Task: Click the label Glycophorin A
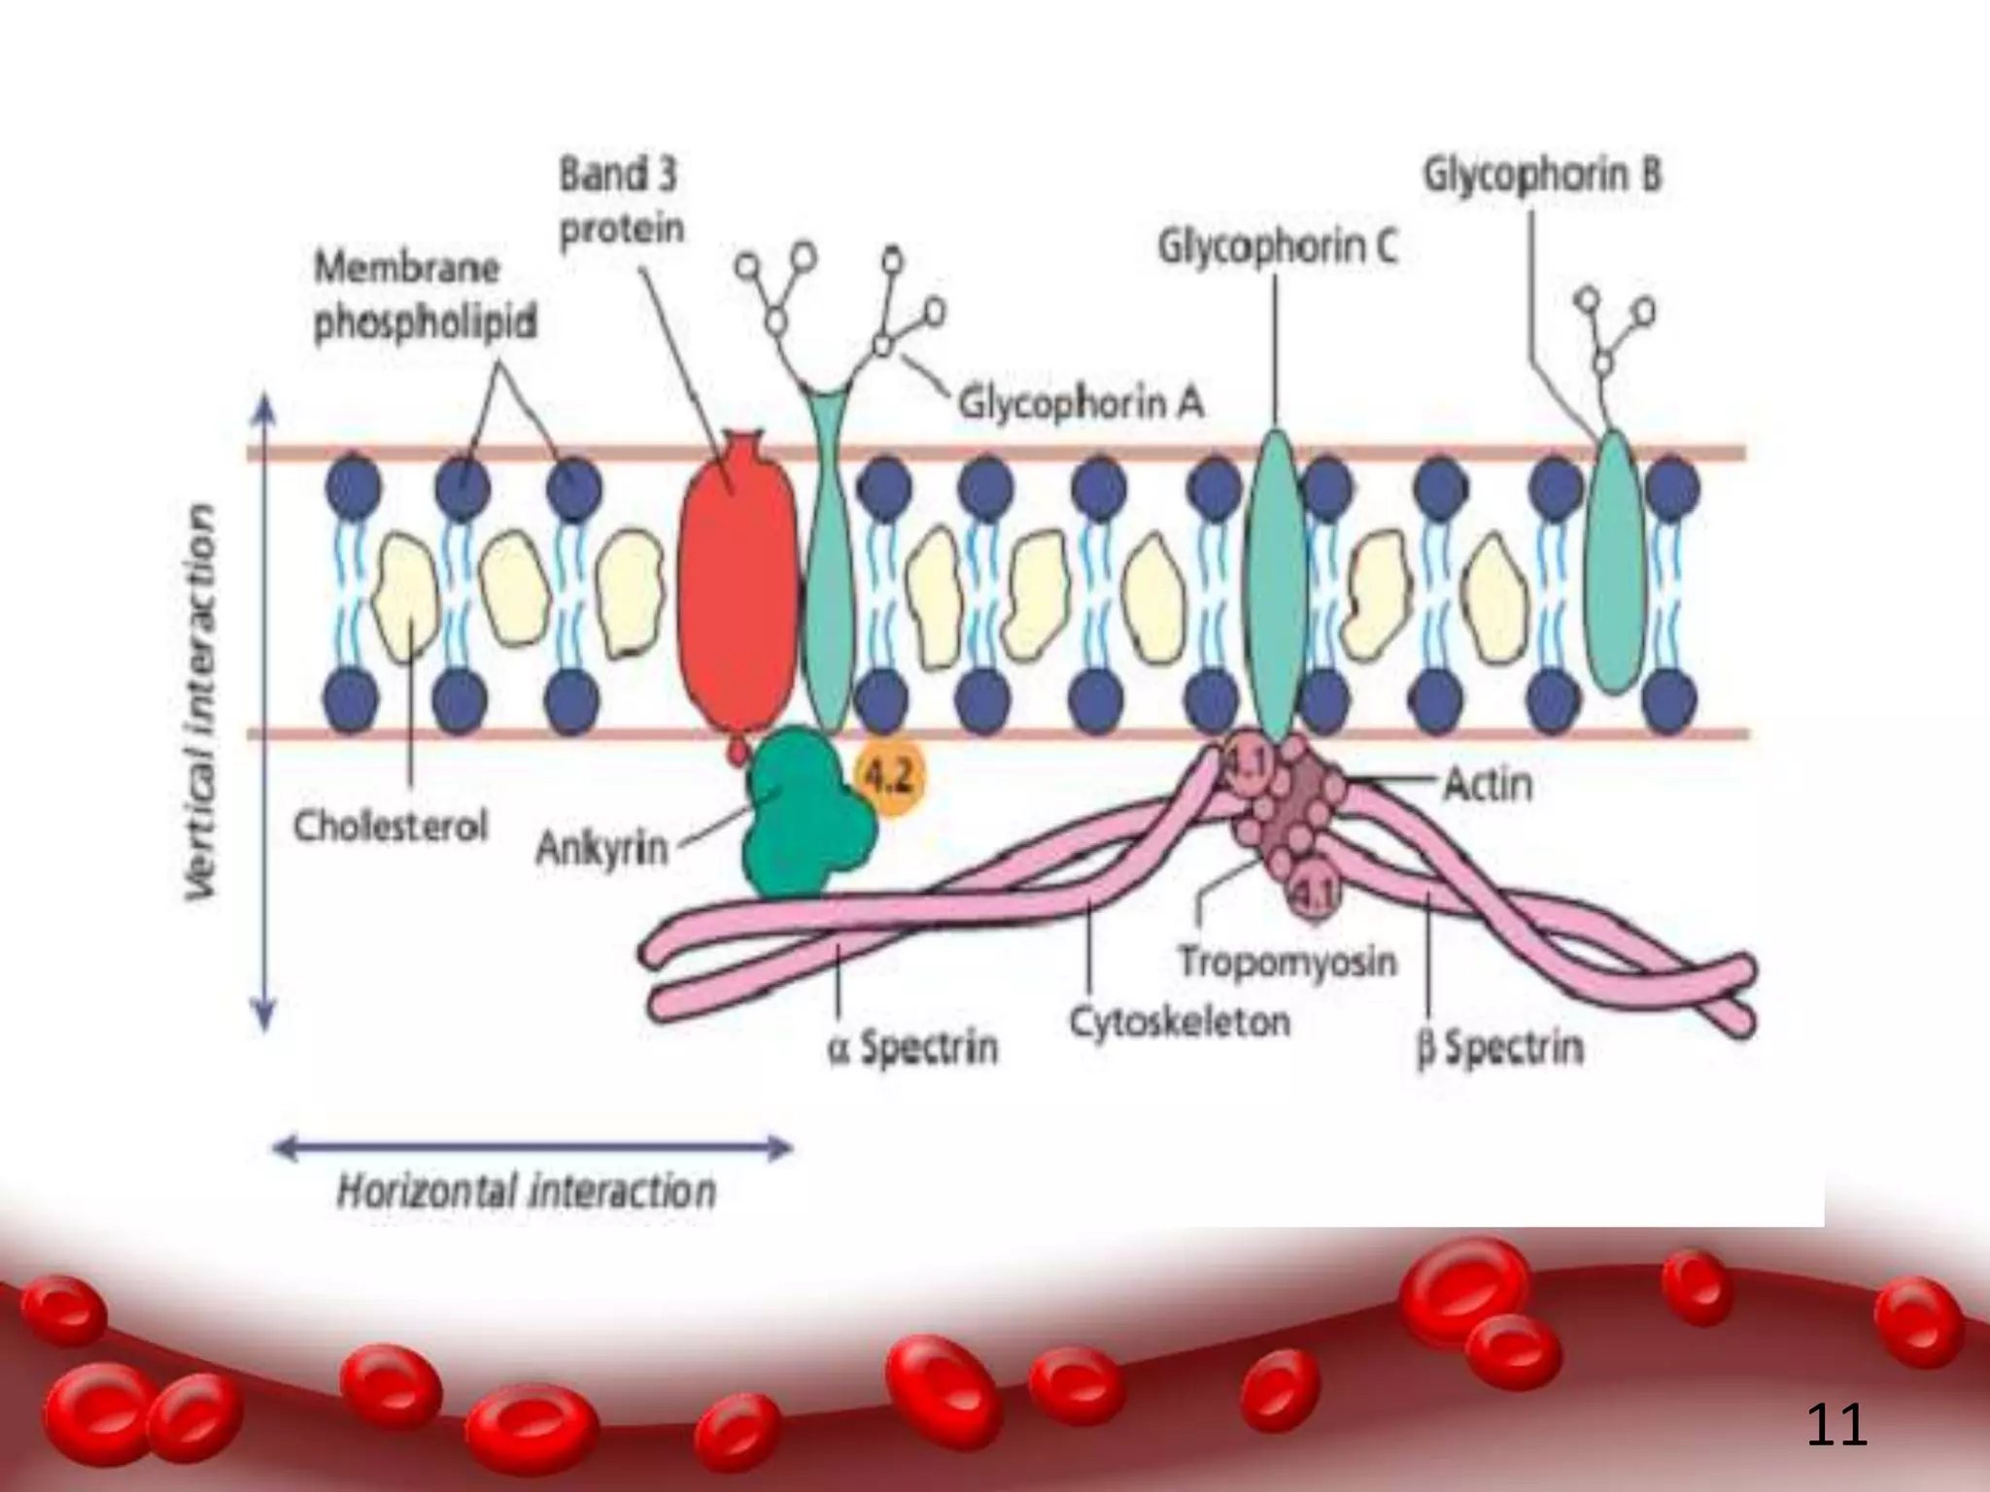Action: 1081,402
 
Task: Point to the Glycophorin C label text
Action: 1277,247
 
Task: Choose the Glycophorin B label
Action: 1543,176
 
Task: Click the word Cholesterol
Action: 391,828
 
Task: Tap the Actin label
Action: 1488,784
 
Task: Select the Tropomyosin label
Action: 1287,963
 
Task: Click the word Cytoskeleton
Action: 1180,1022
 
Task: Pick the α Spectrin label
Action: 912,1047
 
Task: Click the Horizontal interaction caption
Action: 526,1191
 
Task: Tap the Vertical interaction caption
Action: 202,700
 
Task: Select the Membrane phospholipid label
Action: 425,295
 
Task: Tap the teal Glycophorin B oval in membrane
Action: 1615,562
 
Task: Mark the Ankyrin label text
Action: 602,849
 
